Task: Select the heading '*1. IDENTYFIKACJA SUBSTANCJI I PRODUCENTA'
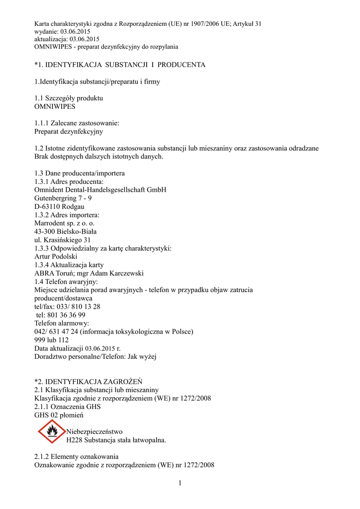120,65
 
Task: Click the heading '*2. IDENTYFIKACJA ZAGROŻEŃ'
89,381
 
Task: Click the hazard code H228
75,440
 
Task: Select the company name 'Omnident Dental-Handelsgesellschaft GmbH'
100,190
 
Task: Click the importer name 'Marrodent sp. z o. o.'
65,223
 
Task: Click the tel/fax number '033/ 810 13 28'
78,307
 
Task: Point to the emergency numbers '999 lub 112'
52,340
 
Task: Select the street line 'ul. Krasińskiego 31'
63,240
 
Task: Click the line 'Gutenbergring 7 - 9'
63,198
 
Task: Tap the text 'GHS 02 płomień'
59,415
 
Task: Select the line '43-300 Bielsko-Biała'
66,232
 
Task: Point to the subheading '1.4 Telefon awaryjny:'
66,281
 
